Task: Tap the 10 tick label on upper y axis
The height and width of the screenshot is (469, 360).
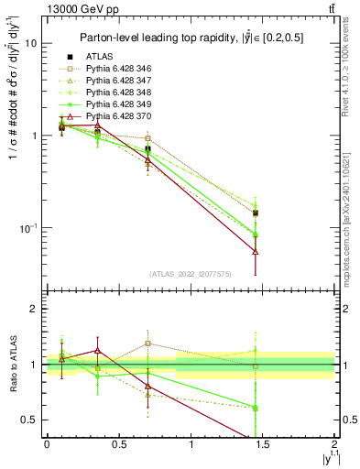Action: tap(30, 43)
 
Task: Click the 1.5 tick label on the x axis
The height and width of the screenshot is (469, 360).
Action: tap(263, 444)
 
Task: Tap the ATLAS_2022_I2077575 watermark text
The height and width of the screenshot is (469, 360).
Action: tap(190, 273)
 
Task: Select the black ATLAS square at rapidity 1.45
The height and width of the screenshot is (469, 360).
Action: tap(256, 213)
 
